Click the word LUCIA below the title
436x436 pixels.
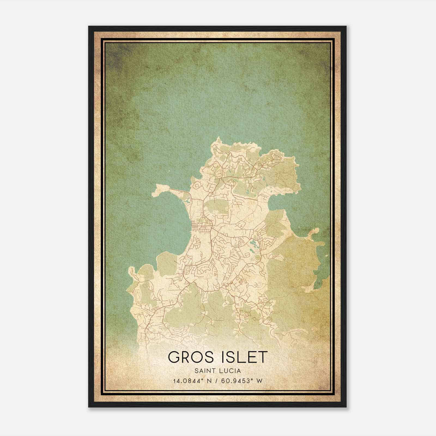[231, 371]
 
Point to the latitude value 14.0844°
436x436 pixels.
[188, 381]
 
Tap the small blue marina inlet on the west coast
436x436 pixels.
[187, 202]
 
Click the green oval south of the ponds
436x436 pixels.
[257, 257]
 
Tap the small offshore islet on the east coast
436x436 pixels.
[315, 231]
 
